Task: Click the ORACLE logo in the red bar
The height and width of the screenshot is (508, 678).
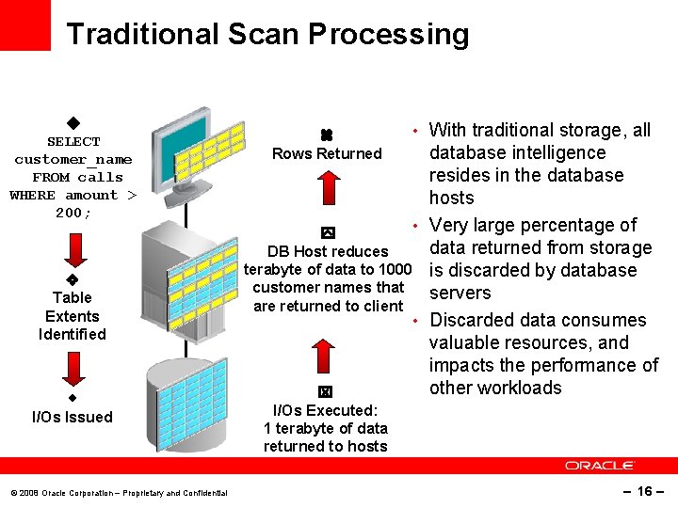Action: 600,465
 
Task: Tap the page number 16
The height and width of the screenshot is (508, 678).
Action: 644,491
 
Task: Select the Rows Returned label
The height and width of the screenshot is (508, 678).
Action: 327,153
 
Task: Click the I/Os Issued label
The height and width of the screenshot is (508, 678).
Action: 72,417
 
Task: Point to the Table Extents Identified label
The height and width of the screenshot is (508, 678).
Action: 72,316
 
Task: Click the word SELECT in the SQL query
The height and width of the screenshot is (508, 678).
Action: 73,141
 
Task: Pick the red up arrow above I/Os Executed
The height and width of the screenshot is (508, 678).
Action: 323,358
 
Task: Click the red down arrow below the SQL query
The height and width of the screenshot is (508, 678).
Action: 73,251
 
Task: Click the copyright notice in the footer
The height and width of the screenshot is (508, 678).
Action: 119,493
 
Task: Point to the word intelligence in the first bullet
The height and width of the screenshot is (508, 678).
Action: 559,152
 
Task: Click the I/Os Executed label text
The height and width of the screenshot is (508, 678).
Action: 325,410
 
